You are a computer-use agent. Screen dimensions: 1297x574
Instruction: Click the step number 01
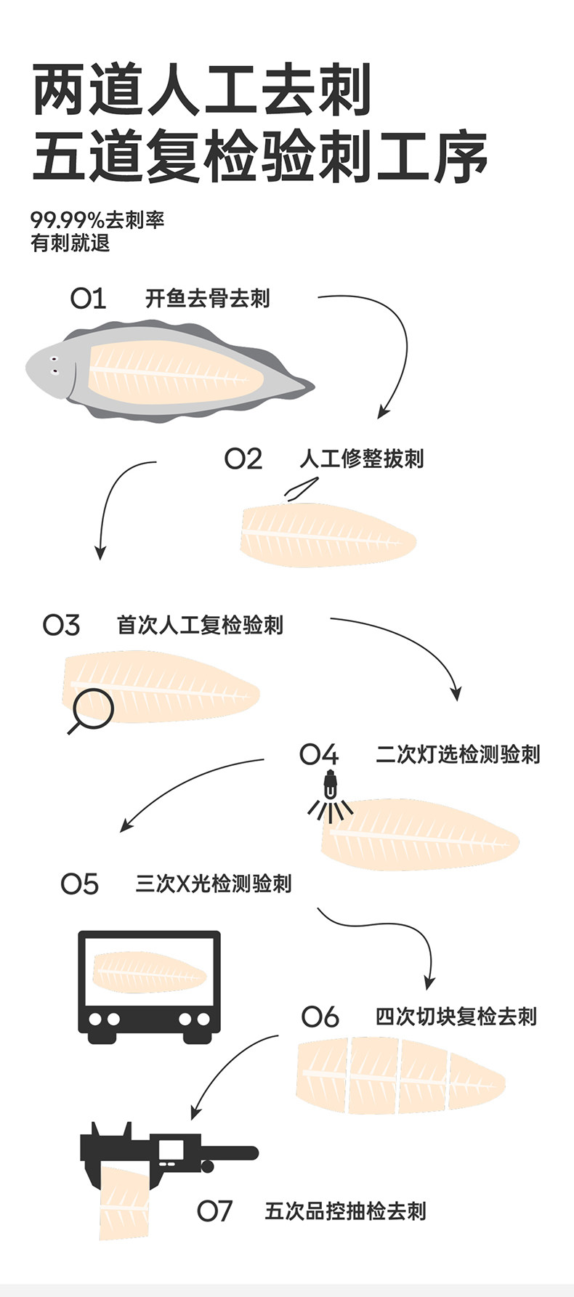pyautogui.click(x=88, y=299)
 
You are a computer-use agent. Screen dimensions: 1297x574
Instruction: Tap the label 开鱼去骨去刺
pyautogui.click(x=207, y=299)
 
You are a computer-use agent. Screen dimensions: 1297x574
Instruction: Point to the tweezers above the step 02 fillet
pyautogui.click(x=302, y=488)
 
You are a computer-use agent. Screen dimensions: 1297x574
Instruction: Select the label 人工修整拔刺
pyautogui.click(x=361, y=459)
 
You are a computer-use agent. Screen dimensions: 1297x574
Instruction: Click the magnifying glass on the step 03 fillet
pyautogui.click(x=93, y=709)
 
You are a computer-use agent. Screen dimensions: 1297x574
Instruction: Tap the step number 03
pyautogui.click(x=62, y=626)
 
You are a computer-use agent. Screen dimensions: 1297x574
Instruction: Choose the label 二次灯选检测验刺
pyautogui.click(x=458, y=755)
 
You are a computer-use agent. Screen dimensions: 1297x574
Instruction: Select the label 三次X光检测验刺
pyautogui.click(x=214, y=884)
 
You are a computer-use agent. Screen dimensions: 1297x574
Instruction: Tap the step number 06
pyautogui.click(x=320, y=1017)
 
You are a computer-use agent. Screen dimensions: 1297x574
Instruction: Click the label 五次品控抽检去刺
pyautogui.click(x=345, y=1211)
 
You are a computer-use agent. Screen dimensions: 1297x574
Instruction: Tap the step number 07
pyautogui.click(x=214, y=1211)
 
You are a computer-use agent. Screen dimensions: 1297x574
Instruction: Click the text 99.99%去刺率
pyautogui.click(x=97, y=219)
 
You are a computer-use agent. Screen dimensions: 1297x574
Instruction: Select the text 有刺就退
pyautogui.click(x=70, y=243)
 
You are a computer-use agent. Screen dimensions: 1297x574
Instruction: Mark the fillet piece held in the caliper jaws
pyautogui.click(x=124, y=1203)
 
